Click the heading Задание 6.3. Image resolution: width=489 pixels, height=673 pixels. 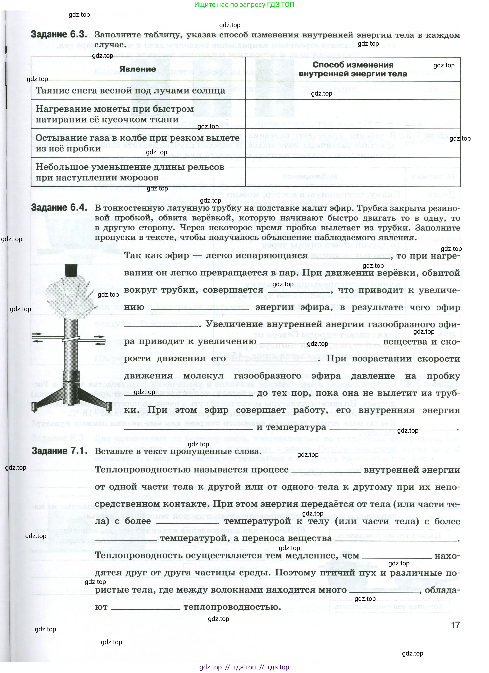[59, 34]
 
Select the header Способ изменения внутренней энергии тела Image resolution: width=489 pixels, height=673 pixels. [353, 69]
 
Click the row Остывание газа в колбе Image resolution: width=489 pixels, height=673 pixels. [137, 143]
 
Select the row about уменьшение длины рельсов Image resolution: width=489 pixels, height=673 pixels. [130, 172]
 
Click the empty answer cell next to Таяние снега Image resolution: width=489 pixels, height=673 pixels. [353, 91]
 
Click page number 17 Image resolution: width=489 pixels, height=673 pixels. [455, 625]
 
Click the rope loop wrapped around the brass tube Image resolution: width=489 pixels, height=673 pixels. [71, 339]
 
